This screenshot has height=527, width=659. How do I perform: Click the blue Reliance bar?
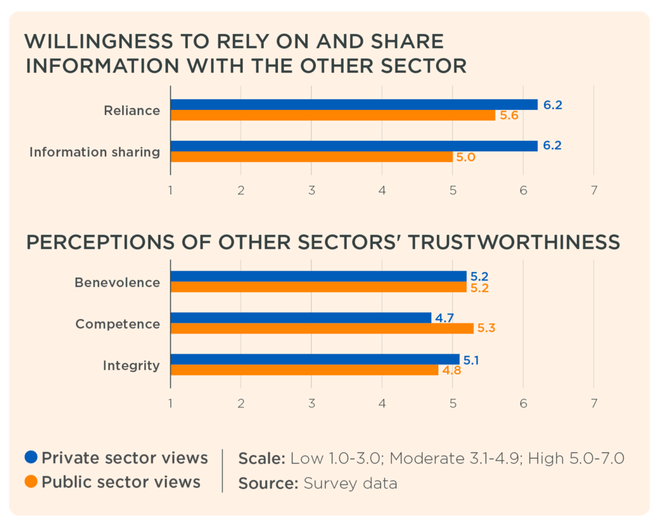pyautogui.click(x=354, y=105)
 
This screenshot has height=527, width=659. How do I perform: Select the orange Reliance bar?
pyautogui.click(x=333, y=116)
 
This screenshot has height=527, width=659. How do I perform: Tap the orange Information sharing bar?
pyautogui.click(x=311, y=157)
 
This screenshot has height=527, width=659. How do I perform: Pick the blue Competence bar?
pyautogui.click(x=301, y=318)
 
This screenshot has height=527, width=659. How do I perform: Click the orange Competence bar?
pyautogui.click(x=322, y=329)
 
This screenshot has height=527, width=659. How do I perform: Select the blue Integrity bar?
pyautogui.click(x=315, y=359)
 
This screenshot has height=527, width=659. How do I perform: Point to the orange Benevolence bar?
pyautogui.click(x=318, y=287)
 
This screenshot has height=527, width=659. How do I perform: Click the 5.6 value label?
pyautogui.click(x=508, y=116)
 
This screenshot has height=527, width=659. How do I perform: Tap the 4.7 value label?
pyautogui.click(x=443, y=317)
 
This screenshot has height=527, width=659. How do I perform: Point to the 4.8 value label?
pyautogui.click(x=452, y=371)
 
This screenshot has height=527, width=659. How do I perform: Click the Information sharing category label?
pyautogui.click(x=95, y=152)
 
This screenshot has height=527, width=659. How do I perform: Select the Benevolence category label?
pyautogui.click(x=117, y=282)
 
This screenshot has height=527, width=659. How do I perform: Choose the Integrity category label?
pyautogui.click(x=131, y=365)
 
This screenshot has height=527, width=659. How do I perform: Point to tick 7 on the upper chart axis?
pyautogui.click(x=593, y=190)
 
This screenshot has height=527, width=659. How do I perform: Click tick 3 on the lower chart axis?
pyautogui.click(x=311, y=403)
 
